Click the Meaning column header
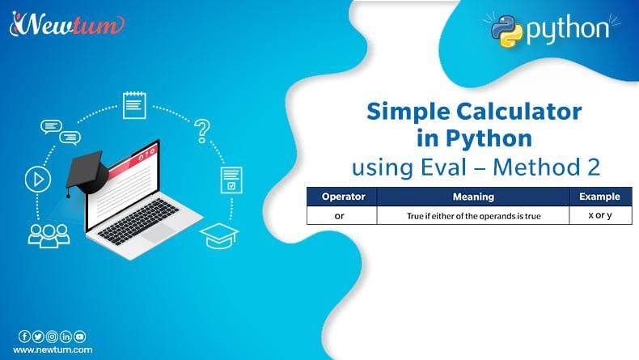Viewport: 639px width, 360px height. coord(473,197)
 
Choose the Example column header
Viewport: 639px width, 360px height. coord(600,197)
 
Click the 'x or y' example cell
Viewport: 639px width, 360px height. coord(600,216)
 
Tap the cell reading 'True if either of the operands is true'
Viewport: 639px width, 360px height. coord(473,216)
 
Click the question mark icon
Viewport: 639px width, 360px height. coord(202,129)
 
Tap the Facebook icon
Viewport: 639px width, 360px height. coord(24,336)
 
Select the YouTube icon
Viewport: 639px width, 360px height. coord(79,336)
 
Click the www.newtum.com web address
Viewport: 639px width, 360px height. coord(52,349)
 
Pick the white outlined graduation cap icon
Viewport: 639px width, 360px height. coord(219,235)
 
